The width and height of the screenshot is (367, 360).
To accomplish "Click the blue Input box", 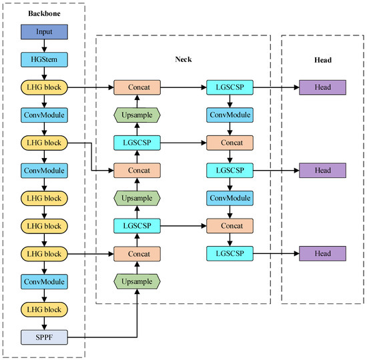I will [x=43, y=31].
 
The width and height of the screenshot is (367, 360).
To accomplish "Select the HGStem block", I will [x=43, y=59].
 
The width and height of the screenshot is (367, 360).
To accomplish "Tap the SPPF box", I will [x=43, y=337].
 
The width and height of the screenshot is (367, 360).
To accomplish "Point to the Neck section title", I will [x=183, y=59].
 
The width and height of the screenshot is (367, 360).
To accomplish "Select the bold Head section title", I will [x=323, y=59].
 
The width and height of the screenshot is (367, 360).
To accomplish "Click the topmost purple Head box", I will [x=323, y=87].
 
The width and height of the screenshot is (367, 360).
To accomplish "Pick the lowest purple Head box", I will [x=323, y=253].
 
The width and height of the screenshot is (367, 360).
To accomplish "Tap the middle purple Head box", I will [x=323, y=171].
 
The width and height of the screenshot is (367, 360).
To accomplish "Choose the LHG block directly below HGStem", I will [x=43, y=87].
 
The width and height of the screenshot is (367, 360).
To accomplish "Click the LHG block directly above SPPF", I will [x=43, y=309].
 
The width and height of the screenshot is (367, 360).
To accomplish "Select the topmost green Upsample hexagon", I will [x=136, y=115].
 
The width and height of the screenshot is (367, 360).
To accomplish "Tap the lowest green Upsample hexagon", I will [x=136, y=281].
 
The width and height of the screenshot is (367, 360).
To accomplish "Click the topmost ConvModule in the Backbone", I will [x=43, y=115].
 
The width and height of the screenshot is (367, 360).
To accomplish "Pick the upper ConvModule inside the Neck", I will [x=230, y=115].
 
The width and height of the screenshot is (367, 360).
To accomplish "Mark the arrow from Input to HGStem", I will [x=43, y=45].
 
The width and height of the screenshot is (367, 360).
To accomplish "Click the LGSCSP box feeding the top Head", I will [x=230, y=87].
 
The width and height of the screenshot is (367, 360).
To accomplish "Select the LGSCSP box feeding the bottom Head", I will [x=230, y=253].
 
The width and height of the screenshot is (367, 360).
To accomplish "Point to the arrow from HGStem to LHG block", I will [x=43, y=73].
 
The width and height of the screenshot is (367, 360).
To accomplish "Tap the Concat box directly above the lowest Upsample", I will [x=136, y=253].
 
